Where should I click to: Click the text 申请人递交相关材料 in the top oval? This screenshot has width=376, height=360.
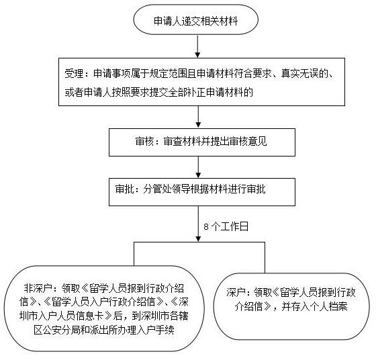click(195, 21)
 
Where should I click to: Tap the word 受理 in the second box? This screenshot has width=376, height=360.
click(74, 74)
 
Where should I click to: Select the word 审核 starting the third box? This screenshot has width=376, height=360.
click(144, 141)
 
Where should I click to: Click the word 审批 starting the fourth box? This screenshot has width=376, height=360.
click(124, 189)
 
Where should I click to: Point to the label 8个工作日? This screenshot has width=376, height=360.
click(226, 226)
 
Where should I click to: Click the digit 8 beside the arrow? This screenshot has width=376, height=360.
click(206, 226)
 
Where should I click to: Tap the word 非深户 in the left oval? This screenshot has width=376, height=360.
click(38, 288)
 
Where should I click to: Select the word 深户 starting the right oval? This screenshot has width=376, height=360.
click(236, 292)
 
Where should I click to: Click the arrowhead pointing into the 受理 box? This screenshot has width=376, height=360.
click(197, 54)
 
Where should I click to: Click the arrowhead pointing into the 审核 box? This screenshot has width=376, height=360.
click(198, 125)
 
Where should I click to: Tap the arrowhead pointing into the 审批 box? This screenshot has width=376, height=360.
click(198, 175)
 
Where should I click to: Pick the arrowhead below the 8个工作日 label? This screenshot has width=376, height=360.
click(198, 238)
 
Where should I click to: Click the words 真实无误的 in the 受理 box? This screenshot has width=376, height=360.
click(305, 74)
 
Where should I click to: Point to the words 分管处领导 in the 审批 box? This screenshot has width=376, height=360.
click(167, 189)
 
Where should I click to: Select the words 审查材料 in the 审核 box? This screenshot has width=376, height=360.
click(182, 141)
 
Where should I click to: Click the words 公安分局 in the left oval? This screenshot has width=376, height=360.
click(62, 330)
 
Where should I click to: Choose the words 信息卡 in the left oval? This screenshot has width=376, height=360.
click(90, 316)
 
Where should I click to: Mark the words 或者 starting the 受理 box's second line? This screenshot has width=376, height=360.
click(74, 92)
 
